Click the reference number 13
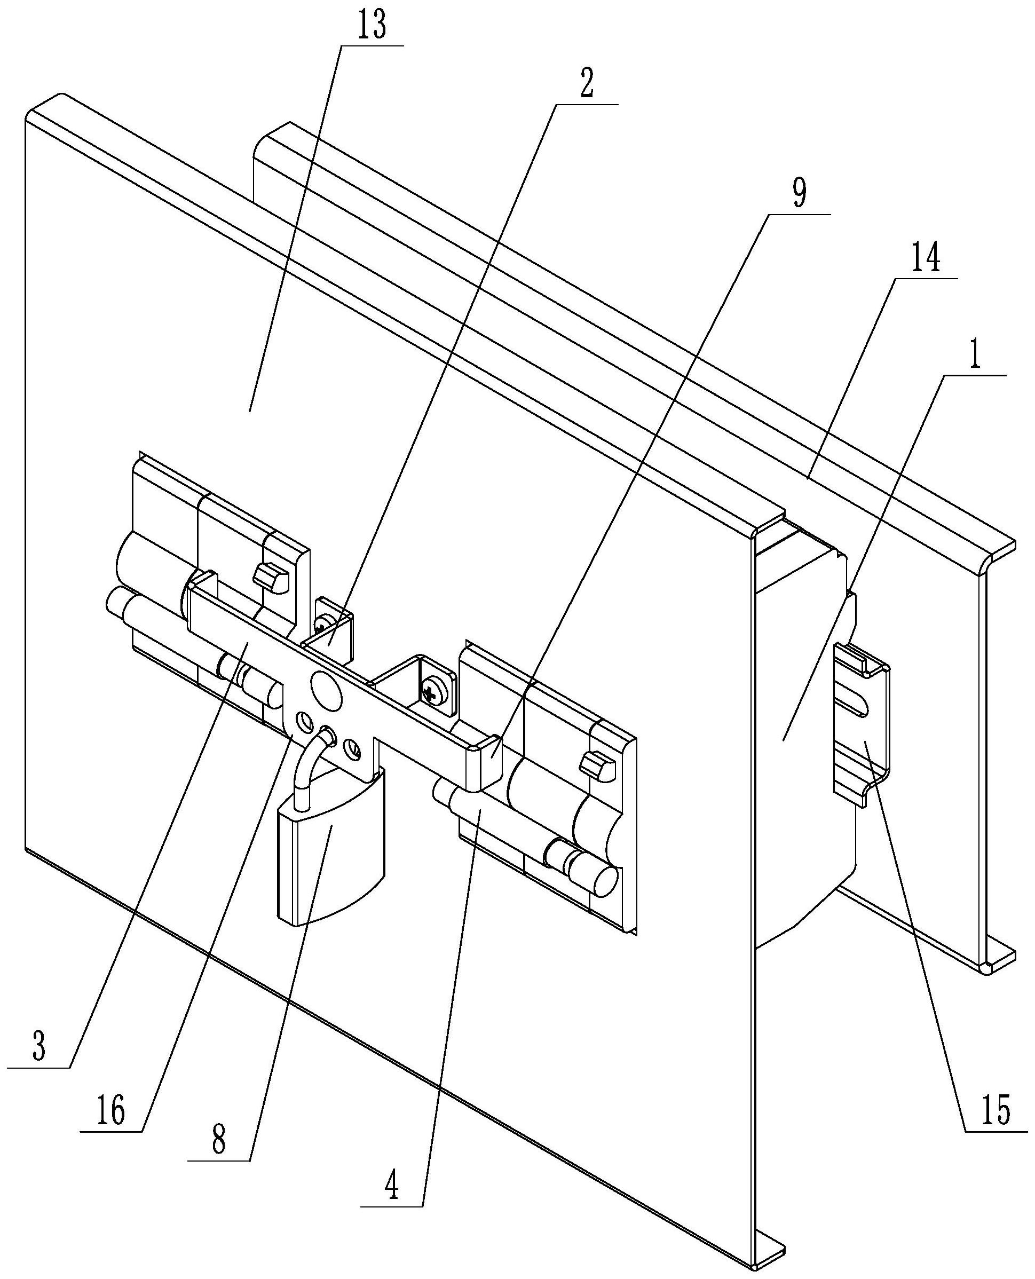(372, 26)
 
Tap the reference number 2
(587, 86)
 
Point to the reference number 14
(926, 260)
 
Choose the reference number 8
(218, 1140)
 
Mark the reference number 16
(112, 1112)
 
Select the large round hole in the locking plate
(326, 690)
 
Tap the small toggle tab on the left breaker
(271, 577)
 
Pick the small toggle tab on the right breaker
(598, 764)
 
